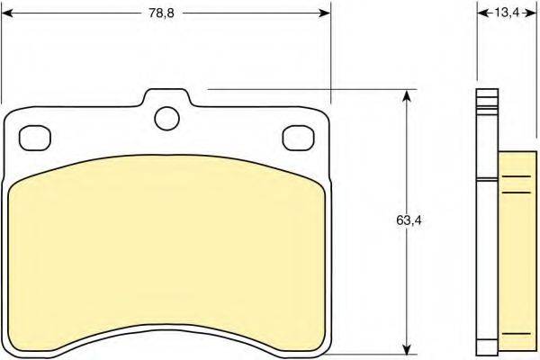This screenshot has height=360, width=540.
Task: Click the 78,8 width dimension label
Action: [x=161, y=13]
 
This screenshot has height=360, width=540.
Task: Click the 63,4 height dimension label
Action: [x=409, y=220]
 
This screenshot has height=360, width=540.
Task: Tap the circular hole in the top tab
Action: [x=167, y=118]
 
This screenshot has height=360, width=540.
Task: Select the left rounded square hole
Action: [x=35, y=138]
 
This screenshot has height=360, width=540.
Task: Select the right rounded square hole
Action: [x=298, y=138]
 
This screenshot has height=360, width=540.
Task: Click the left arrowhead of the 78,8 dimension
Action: [x=7, y=13]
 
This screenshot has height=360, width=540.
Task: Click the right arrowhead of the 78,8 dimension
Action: [x=325, y=13]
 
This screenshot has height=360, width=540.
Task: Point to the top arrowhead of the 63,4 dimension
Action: [x=407, y=95]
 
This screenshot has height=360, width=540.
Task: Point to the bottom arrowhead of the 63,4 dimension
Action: [x=407, y=348]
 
